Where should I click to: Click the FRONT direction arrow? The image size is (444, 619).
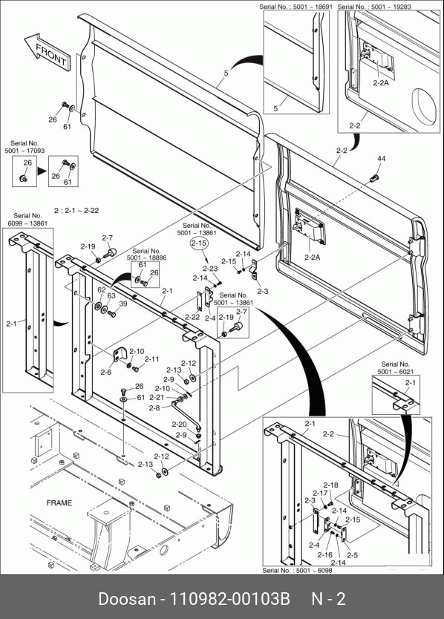[x=48, y=52]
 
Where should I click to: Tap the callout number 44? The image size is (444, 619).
[x=381, y=159]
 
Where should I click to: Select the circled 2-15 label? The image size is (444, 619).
[x=199, y=243]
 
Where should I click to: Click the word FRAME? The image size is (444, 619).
[x=59, y=503]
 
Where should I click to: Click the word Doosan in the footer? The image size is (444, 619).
[x=127, y=599]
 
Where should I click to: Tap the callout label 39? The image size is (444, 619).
[x=123, y=304]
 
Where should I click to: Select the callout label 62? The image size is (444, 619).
[x=102, y=289]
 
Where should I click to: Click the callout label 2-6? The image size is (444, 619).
[x=106, y=372]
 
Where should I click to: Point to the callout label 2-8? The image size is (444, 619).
[x=154, y=407]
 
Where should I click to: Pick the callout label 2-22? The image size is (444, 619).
[x=192, y=317]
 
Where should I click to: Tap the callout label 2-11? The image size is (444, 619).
[x=151, y=359]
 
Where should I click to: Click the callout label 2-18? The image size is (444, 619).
[x=331, y=485]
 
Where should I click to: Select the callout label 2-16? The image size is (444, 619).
[x=324, y=554]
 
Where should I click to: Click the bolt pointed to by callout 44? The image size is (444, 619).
[x=374, y=178]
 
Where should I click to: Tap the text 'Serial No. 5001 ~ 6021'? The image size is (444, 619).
[x=396, y=368]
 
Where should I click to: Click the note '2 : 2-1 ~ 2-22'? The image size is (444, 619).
[x=76, y=211]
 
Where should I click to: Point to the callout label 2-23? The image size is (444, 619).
[x=211, y=269]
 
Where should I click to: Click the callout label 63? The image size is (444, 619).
[x=111, y=295]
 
